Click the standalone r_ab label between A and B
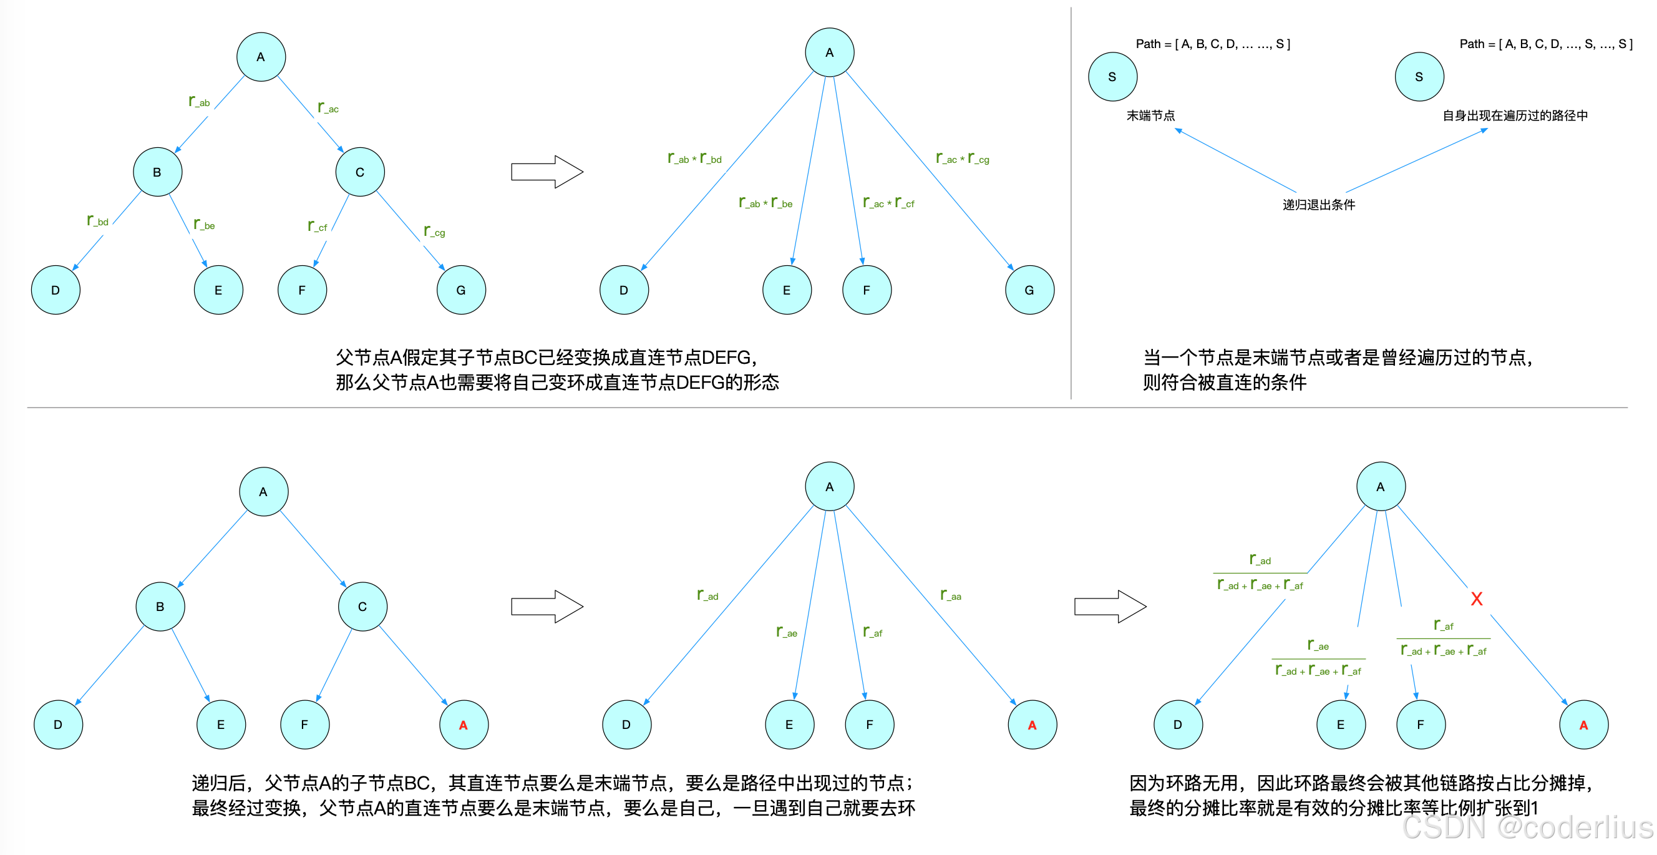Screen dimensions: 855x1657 tap(200, 102)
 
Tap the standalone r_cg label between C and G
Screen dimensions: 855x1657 tap(435, 231)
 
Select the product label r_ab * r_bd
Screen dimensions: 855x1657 tap(695, 159)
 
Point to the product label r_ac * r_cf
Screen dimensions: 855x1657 tap(888, 203)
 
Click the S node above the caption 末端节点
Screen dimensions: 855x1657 tap(1112, 77)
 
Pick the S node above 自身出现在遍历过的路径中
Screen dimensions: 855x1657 tap(1419, 77)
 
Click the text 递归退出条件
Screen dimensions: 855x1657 tap(1319, 205)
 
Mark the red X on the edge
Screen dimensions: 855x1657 tap(1476, 599)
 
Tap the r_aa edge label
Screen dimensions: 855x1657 tap(951, 595)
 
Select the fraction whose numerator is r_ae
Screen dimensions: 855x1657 tap(1318, 658)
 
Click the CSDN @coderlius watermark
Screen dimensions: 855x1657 tap(1527, 828)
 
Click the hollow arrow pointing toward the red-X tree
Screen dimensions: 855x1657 tap(1110, 606)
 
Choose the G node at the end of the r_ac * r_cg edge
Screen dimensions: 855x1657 tap(1029, 290)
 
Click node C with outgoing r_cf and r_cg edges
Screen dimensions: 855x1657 tap(359, 172)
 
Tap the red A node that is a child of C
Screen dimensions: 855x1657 tap(463, 725)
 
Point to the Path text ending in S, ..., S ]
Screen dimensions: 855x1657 tap(1545, 44)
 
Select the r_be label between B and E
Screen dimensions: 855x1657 tap(205, 225)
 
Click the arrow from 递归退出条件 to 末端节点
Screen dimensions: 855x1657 tap(1235, 160)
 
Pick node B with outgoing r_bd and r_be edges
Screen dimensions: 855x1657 tap(157, 172)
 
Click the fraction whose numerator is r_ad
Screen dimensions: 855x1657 tap(1260, 572)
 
